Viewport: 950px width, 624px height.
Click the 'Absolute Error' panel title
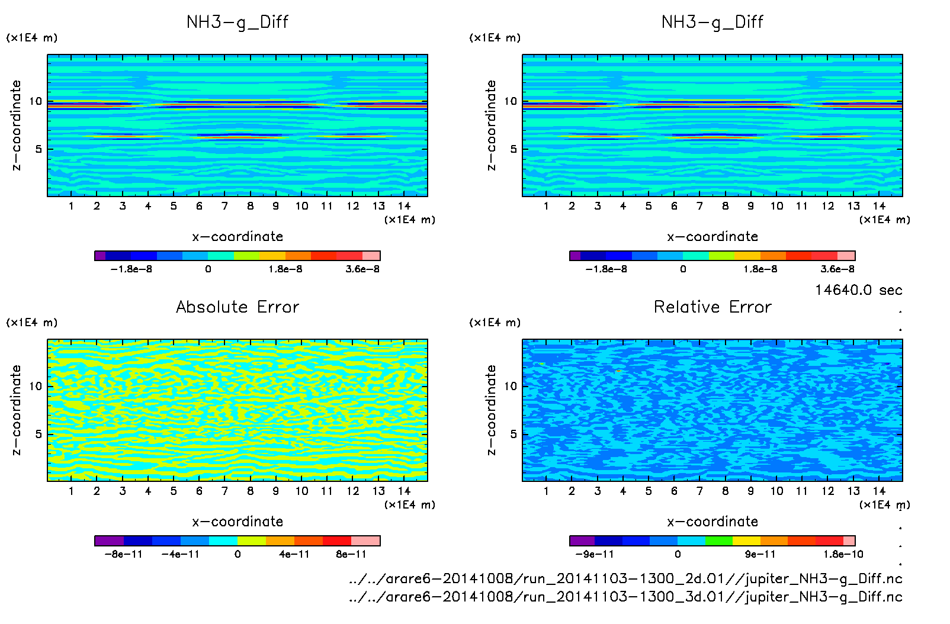(x=237, y=307)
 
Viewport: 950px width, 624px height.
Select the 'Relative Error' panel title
(x=712, y=307)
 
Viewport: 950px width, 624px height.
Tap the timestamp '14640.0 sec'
(x=858, y=290)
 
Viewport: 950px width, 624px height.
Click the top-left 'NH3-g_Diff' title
(x=237, y=22)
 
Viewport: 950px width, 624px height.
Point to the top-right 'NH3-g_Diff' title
(x=712, y=22)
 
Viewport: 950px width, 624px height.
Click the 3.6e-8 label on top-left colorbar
(x=362, y=269)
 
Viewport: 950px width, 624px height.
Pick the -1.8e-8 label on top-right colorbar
(x=606, y=269)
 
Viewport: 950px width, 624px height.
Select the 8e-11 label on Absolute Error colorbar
(x=351, y=554)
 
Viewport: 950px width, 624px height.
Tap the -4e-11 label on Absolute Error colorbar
(x=181, y=554)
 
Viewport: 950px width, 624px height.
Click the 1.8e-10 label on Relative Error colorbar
(x=843, y=554)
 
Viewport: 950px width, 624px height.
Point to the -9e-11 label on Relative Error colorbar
(x=595, y=554)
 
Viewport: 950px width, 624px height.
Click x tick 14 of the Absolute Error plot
(x=404, y=491)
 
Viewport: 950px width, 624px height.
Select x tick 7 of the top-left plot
(x=224, y=206)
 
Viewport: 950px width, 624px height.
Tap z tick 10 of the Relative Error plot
(x=510, y=386)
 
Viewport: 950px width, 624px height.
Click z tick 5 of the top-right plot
(x=513, y=149)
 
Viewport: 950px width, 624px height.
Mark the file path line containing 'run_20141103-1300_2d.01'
(x=625, y=578)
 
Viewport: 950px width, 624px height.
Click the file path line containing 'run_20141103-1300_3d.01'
(x=625, y=596)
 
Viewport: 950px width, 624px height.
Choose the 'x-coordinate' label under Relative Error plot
(x=712, y=522)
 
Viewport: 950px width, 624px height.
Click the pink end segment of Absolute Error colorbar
(x=365, y=541)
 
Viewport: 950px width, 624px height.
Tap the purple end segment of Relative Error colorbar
(x=582, y=541)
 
